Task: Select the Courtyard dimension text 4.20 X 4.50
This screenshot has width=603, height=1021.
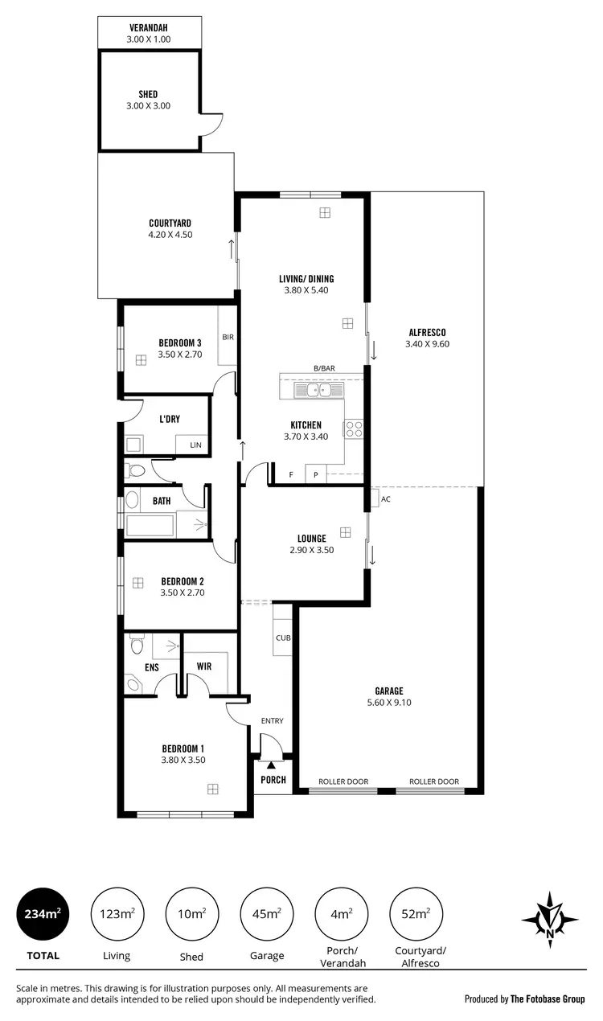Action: point(170,235)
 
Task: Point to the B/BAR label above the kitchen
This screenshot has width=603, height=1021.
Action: point(324,368)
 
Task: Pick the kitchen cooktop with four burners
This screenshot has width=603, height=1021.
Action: point(355,429)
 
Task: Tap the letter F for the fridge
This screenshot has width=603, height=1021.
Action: point(291,475)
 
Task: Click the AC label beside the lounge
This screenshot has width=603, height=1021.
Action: point(385,499)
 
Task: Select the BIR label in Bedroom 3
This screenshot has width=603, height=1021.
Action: point(228,337)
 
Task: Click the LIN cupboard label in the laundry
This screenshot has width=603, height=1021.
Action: point(195,445)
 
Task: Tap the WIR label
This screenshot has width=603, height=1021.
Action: point(203,666)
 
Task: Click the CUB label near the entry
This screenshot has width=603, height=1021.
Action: point(282,638)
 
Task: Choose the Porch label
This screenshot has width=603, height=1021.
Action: point(273,780)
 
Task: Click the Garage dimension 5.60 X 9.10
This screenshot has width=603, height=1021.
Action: point(388,702)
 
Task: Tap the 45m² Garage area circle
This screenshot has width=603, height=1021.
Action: point(266,914)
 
